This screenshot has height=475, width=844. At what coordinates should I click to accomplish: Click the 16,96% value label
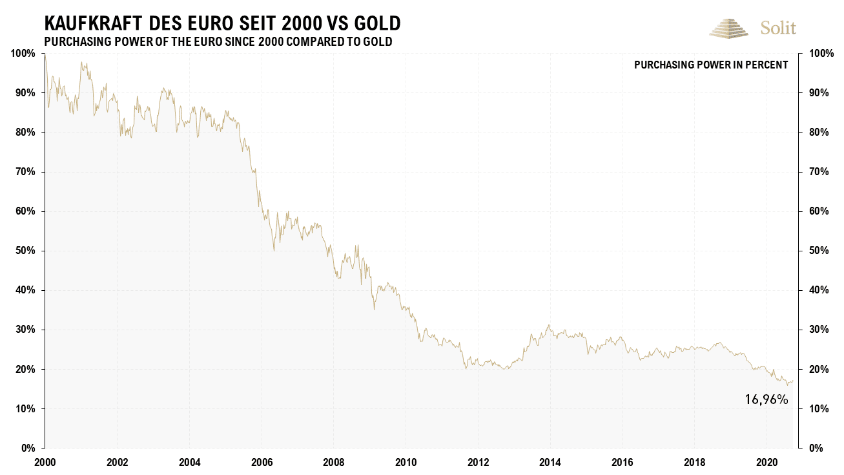(767, 400)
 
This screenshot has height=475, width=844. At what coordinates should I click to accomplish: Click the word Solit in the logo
(778, 28)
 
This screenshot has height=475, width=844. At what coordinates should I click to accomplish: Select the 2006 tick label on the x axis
(262, 463)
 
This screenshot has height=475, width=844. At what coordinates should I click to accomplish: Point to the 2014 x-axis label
(550, 463)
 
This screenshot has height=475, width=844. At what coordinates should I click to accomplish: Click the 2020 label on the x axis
(766, 463)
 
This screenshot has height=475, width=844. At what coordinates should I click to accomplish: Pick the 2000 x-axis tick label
(45, 463)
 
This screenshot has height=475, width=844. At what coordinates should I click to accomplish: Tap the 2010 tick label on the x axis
(406, 463)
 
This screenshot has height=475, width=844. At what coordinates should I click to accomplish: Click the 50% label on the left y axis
(25, 251)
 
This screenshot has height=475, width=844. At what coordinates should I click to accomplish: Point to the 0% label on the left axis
(28, 449)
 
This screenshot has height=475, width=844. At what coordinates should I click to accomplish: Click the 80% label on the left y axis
(25, 132)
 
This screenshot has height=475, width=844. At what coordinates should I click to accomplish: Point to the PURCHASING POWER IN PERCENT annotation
(711, 65)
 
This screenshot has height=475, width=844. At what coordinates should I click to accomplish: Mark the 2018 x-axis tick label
(694, 463)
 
